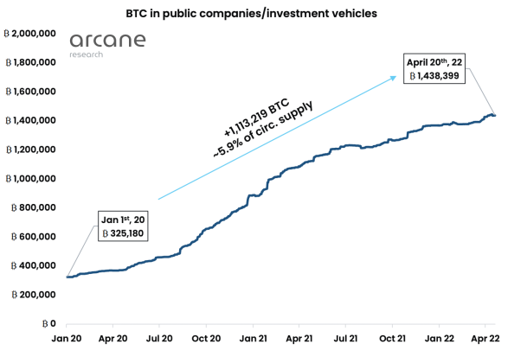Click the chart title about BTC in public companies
tap(263, 15)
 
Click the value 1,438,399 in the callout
tap(442, 77)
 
